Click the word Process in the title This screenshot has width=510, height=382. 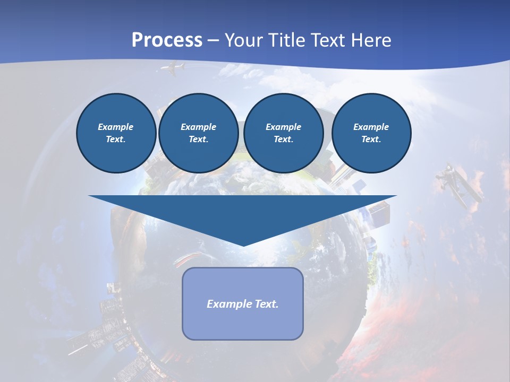point(167,40)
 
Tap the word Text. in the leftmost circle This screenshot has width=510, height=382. point(116,140)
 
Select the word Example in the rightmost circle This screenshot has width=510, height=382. point(371,127)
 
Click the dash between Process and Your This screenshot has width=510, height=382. point(214,41)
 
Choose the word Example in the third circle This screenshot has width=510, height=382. point(283,127)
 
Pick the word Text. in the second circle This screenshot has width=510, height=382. point(198,140)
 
